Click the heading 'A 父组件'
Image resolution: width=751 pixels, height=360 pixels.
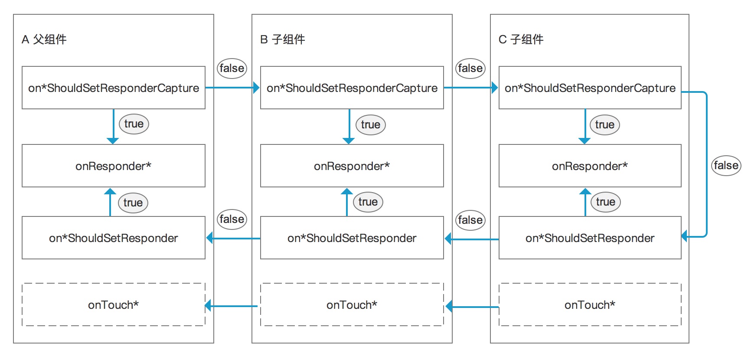[x=44, y=39]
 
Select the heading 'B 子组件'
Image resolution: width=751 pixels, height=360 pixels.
[x=282, y=39]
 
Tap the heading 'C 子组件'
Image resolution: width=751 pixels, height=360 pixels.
[x=521, y=39]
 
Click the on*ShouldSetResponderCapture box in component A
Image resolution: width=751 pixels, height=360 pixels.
[x=113, y=88]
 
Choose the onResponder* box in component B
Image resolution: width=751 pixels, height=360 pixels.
[x=352, y=166]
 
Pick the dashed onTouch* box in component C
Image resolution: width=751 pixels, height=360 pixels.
[x=590, y=304]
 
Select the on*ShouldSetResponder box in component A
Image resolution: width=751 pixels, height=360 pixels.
[x=113, y=238]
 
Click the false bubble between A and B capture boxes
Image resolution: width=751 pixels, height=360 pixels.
[x=232, y=68]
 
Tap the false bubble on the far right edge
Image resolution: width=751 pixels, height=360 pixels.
[x=726, y=165]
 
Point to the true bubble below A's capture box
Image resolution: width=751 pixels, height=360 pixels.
[x=134, y=124]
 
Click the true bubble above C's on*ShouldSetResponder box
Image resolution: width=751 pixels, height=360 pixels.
[x=605, y=202]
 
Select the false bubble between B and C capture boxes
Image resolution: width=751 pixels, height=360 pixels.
[x=470, y=68]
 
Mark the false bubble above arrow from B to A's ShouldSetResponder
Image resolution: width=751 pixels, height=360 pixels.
[x=232, y=219]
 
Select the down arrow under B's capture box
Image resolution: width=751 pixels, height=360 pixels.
[x=349, y=126]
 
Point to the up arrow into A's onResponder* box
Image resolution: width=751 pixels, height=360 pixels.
[x=110, y=202]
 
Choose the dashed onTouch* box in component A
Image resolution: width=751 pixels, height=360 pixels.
[x=113, y=304]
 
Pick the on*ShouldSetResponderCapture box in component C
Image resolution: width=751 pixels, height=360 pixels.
[x=590, y=88]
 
